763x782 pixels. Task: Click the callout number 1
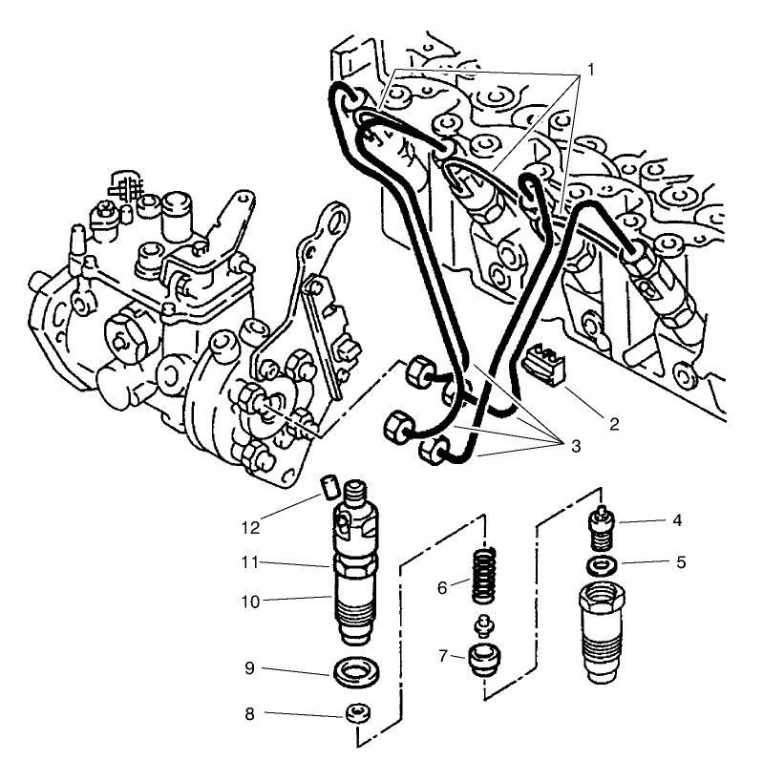tap(591, 70)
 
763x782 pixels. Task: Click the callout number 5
tap(679, 562)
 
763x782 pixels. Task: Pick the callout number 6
tap(443, 588)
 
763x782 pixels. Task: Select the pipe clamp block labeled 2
tap(541, 364)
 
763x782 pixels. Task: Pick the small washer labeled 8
tap(356, 712)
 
